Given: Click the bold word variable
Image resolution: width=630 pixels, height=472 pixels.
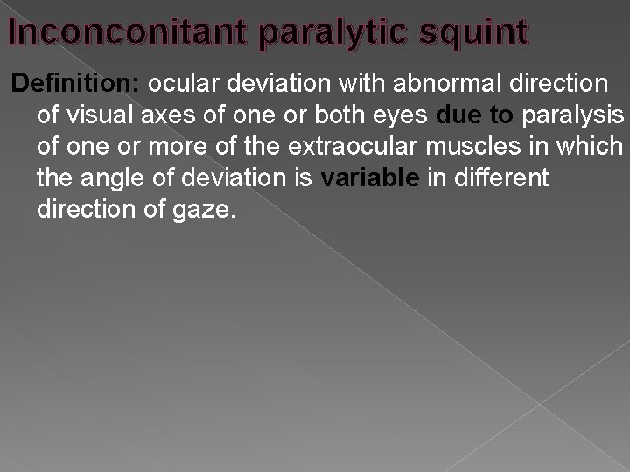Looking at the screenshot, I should pyautogui.click(x=372, y=179).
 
